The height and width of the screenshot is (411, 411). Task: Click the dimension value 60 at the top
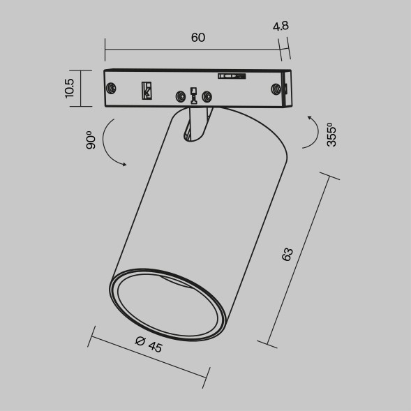[197, 38]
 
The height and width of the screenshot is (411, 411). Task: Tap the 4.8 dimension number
[281, 27]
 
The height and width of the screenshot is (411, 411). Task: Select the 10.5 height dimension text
[69, 89]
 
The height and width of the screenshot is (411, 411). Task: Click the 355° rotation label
[331, 133]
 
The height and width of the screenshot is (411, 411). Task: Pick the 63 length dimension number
[287, 254]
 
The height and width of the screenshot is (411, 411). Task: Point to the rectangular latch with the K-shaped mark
[147, 90]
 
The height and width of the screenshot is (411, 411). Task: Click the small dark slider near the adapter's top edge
[231, 76]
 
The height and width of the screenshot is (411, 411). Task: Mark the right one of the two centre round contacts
[206, 97]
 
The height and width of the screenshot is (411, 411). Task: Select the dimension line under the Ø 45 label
[148, 357]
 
